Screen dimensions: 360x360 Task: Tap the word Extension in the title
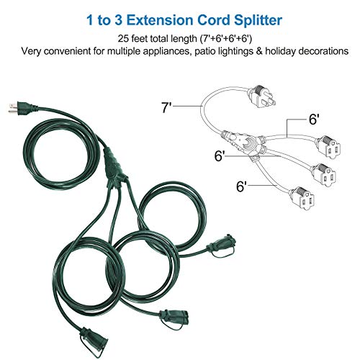(x=160, y=18)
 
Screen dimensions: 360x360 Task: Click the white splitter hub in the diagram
(x=241, y=140)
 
